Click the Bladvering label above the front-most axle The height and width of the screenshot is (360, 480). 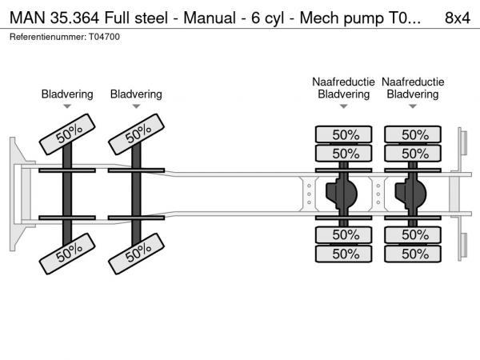(67, 94)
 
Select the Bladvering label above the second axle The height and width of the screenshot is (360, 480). (136, 94)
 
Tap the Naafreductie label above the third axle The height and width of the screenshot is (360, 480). (344, 82)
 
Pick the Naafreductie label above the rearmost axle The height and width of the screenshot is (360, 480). (413, 82)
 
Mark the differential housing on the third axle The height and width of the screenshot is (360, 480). (345, 194)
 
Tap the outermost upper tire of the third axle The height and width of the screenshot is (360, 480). (344, 134)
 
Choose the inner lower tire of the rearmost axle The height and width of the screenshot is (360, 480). (413, 234)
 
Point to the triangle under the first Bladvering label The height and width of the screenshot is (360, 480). (67, 106)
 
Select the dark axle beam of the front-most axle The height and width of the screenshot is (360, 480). (67, 194)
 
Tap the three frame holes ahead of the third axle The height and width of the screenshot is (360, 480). (309, 194)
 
